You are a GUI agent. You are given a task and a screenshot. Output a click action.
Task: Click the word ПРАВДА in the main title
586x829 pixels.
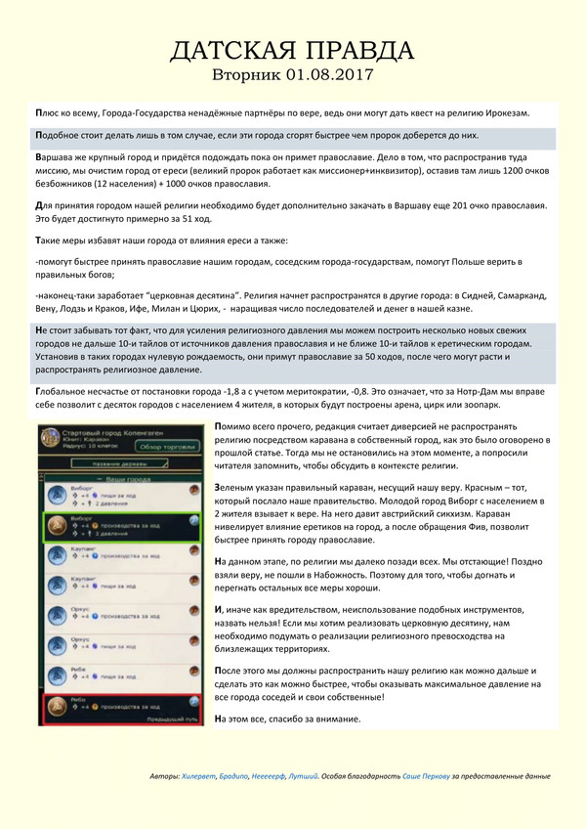(346, 51)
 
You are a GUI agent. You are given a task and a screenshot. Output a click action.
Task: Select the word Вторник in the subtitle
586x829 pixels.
(248, 74)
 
